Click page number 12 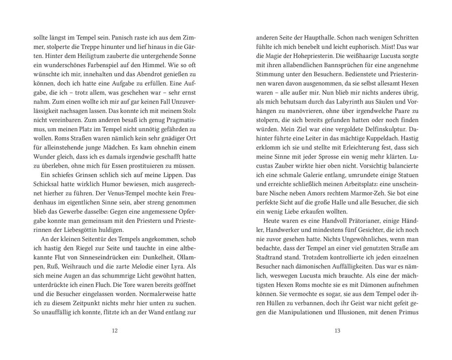click(115, 330)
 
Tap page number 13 click(338, 330)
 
